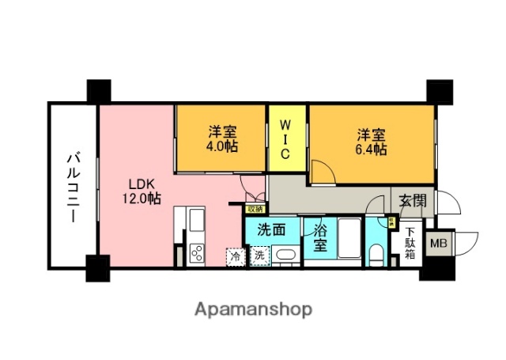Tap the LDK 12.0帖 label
click(141, 191)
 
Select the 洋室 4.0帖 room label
click(224, 140)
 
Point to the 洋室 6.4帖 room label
click(370, 140)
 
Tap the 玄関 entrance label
click(411, 199)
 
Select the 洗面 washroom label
click(272, 231)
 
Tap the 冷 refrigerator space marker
click(235, 256)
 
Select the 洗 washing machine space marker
click(259, 256)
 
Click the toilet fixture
click(378, 255)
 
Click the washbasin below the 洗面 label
click(285, 256)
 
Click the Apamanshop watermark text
click(252, 308)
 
